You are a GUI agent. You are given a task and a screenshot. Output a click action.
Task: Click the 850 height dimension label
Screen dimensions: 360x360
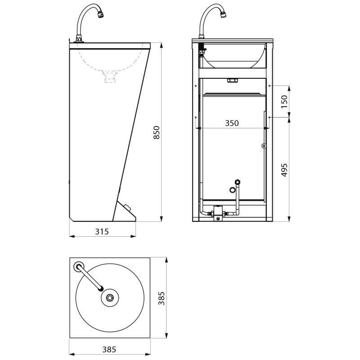tap(156, 132)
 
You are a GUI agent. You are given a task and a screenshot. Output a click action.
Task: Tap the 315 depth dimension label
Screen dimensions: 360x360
tap(102, 231)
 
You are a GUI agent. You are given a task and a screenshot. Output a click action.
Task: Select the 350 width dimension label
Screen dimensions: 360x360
tap(232, 123)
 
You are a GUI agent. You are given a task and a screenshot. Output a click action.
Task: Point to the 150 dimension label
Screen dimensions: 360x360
tap(284, 102)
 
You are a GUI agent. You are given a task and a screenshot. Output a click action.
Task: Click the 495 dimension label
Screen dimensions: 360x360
tap(284, 170)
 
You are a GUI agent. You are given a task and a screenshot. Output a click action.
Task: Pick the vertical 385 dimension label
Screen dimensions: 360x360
tap(162, 298)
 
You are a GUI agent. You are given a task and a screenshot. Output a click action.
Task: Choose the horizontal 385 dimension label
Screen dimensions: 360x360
tap(109, 350)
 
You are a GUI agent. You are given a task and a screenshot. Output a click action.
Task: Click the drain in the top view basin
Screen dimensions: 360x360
tap(110, 298)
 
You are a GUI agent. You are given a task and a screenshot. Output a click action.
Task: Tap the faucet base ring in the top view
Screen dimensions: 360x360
tap(79, 266)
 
